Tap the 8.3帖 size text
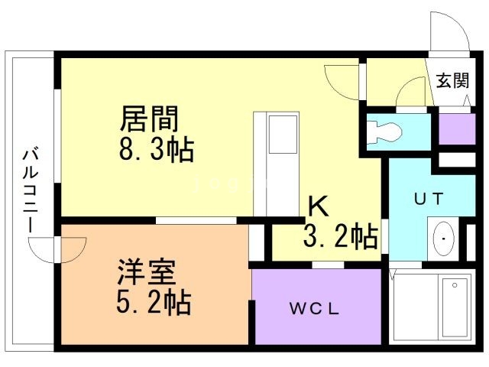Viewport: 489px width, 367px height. coord(156,149)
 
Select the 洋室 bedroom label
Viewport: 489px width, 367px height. coord(147,273)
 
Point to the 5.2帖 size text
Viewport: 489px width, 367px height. coord(154,304)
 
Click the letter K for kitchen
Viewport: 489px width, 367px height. coord(318,206)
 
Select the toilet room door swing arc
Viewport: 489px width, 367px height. coord(413,96)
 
